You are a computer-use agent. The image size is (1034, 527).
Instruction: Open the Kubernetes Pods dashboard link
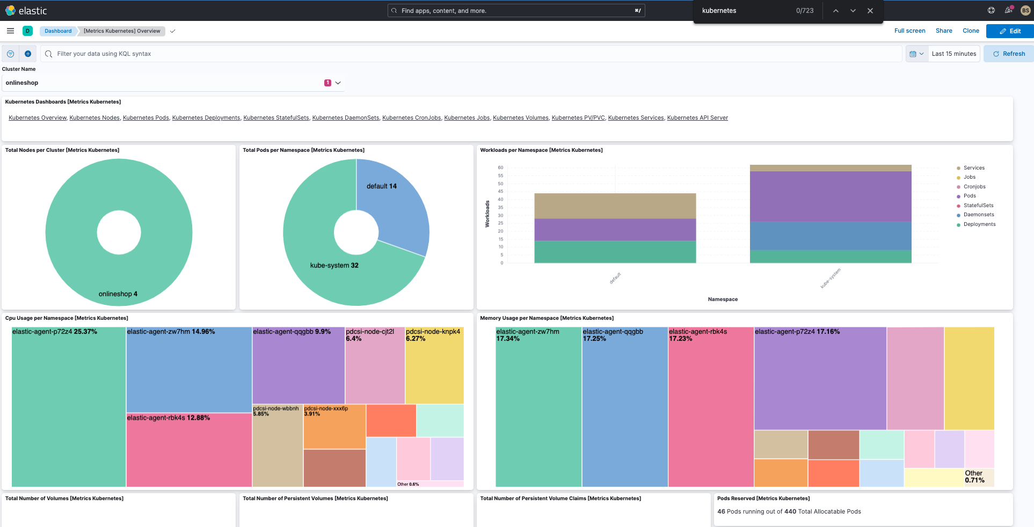click(145, 118)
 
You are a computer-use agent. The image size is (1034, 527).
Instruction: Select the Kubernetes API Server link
click(697, 118)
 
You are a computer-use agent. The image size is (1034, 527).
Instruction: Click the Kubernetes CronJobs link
click(411, 118)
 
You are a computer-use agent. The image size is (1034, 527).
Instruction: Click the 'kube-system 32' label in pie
click(334, 265)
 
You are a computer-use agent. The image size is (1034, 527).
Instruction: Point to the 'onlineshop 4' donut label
click(118, 294)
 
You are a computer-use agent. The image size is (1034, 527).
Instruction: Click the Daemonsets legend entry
click(978, 215)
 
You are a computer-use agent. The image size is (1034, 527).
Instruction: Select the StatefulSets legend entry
click(978, 206)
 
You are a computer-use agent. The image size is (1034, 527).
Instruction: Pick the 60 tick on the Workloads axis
click(500, 167)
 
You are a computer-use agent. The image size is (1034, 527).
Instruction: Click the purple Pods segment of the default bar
click(615, 230)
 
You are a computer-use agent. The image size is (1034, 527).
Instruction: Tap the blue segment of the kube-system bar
click(830, 236)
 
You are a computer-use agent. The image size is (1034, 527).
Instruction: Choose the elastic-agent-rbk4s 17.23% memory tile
click(711, 408)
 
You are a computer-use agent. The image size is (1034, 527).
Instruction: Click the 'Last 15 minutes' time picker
click(953, 54)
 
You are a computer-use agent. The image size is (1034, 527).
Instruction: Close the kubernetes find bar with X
click(870, 11)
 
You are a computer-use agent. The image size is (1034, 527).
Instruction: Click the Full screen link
click(909, 31)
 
